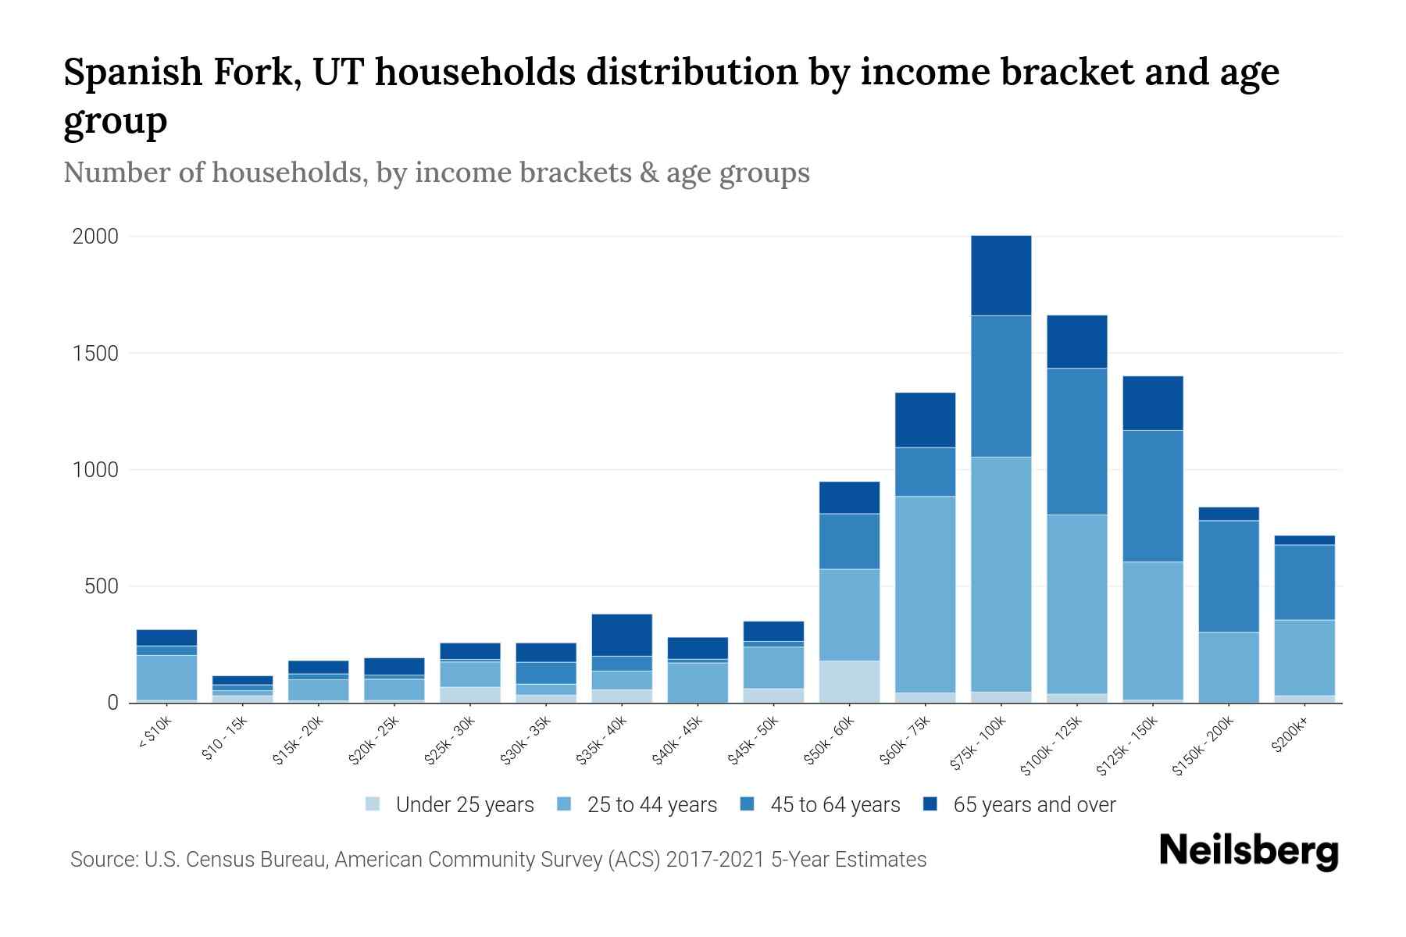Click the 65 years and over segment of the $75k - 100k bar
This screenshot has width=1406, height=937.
tap(1001, 275)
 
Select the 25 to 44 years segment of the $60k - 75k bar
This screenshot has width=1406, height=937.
tap(925, 593)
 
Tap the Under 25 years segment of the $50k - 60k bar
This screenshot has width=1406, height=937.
tap(849, 682)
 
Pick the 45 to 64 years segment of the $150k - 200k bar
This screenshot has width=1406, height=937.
tap(1229, 575)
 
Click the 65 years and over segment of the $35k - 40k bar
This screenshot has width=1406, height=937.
tap(622, 634)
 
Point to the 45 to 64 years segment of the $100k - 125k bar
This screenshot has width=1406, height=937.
tap(1076, 441)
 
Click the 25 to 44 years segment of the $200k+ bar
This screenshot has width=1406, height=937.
tap(1304, 657)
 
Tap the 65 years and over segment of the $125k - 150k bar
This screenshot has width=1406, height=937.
tap(1153, 403)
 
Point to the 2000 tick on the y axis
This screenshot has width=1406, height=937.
tap(95, 237)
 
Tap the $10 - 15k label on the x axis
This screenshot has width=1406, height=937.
tap(225, 739)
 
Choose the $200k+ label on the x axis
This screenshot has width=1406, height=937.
tap(1289, 736)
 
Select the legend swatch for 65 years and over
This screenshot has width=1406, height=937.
tap(930, 804)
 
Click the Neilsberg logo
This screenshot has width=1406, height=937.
tap(1248, 851)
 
